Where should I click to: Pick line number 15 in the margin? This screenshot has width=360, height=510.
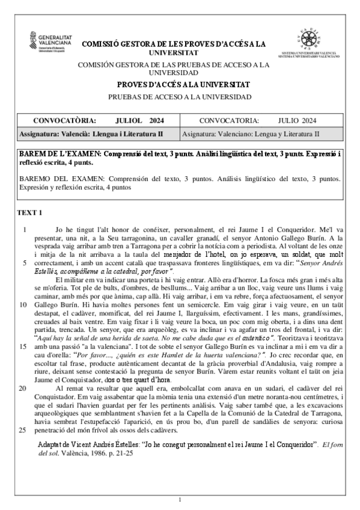24,347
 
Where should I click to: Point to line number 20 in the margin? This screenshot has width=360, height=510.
24,389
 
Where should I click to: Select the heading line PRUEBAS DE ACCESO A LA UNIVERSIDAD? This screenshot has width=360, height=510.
180,97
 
